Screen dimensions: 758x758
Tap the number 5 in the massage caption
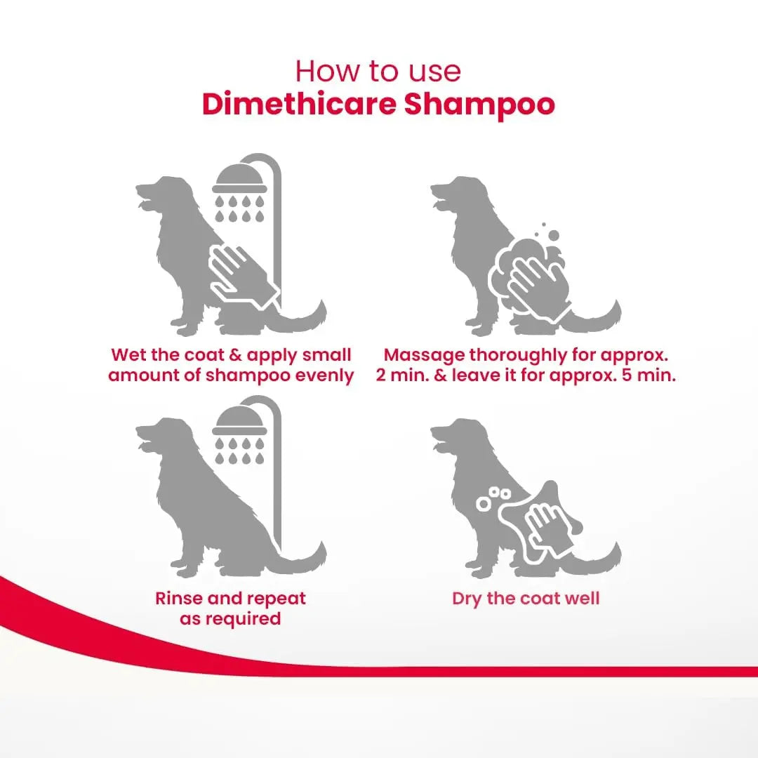(627, 375)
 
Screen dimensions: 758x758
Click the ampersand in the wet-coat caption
(235, 355)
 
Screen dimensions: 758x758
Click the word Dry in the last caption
(467, 599)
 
